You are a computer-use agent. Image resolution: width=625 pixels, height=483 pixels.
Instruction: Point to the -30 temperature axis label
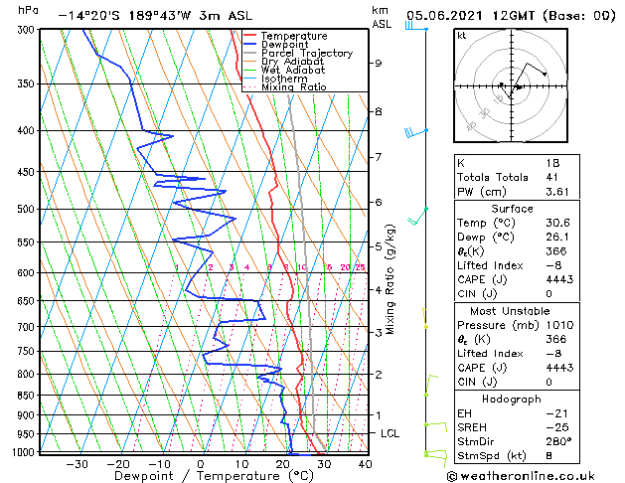point(76,464)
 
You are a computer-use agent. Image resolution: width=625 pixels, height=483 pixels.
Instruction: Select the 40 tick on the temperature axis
point(365,464)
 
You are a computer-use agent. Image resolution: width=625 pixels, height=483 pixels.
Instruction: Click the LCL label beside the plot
point(391,434)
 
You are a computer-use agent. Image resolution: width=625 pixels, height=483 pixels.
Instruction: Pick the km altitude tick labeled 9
point(378,64)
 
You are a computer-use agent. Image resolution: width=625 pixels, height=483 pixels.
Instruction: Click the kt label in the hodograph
point(462,36)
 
